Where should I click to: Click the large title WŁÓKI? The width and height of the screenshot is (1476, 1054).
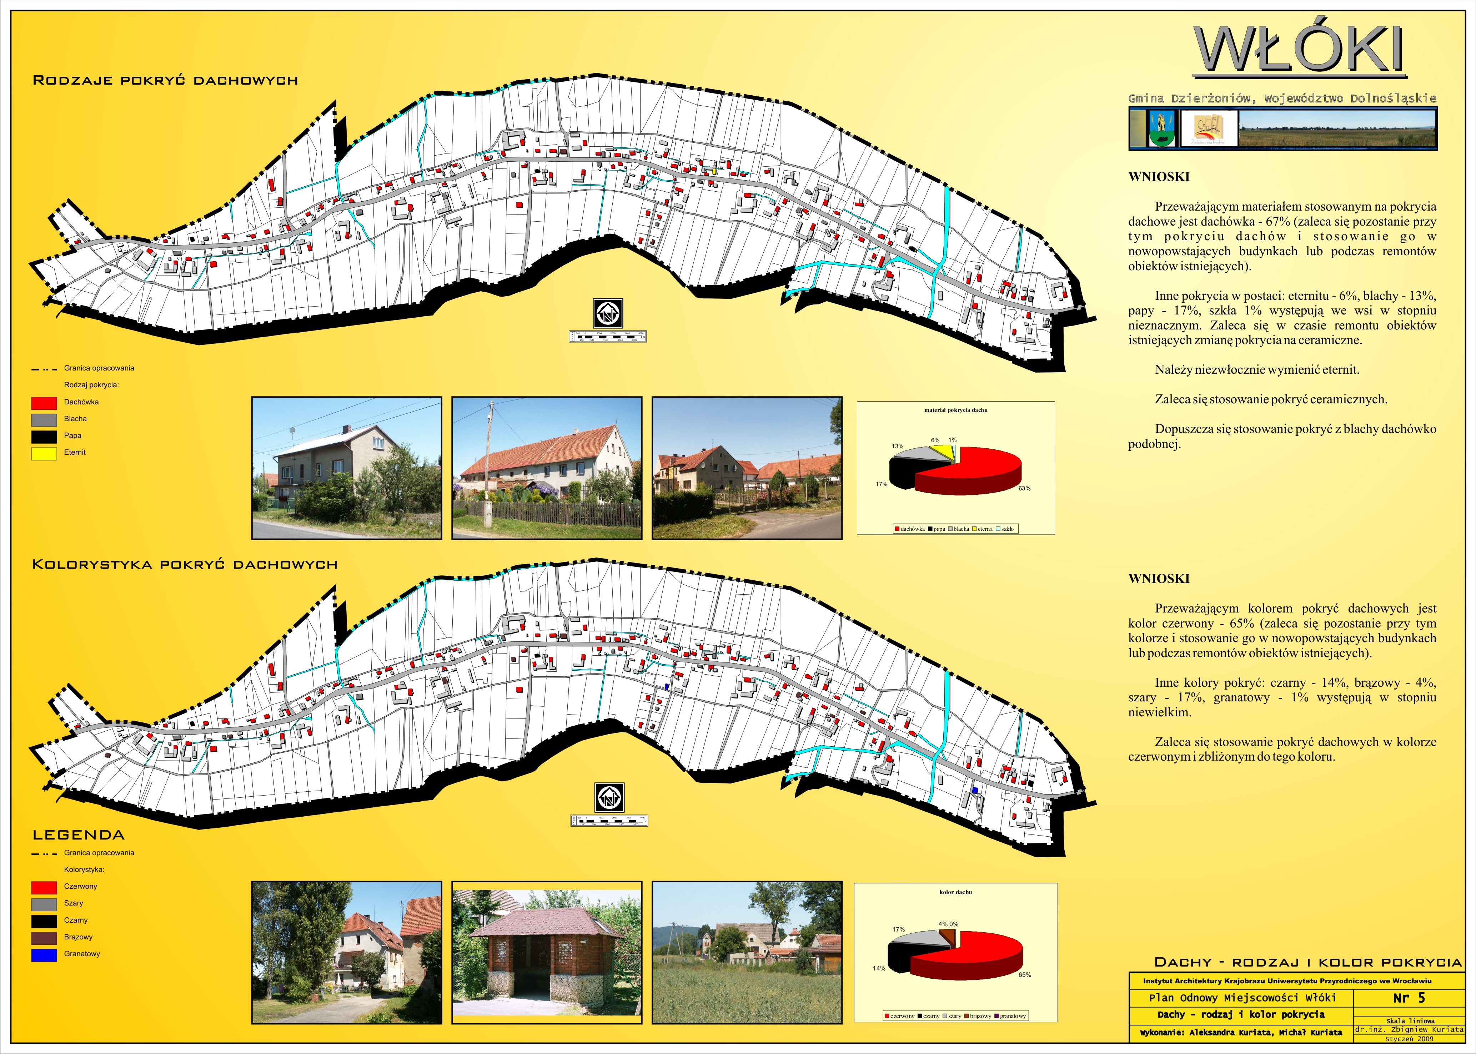pyautogui.click(x=1300, y=51)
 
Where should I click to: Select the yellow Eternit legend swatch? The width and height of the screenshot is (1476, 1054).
pyautogui.click(x=44, y=453)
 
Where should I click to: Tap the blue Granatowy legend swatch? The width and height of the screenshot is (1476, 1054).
pyautogui.click(x=44, y=955)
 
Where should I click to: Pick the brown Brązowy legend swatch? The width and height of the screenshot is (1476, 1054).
pyautogui.click(x=44, y=938)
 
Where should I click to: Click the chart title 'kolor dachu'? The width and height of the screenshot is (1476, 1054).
pyautogui.click(x=955, y=892)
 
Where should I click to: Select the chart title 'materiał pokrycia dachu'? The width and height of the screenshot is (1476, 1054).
pyautogui.click(x=955, y=410)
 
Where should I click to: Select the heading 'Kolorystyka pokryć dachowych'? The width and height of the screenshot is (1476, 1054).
pyautogui.click(x=185, y=565)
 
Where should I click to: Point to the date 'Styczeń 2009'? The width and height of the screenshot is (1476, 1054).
pyautogui.click(x=1409, y=1038)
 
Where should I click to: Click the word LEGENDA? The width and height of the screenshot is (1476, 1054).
pyautogui.click(x=79, y=835)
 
